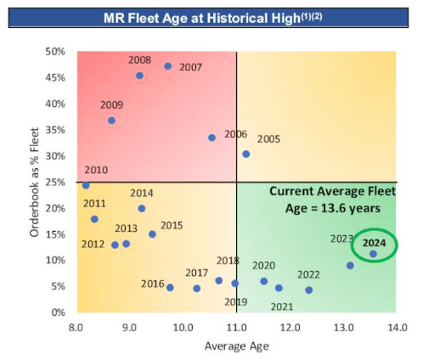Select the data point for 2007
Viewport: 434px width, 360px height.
pos(167,66)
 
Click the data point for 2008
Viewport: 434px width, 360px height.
pos(140,76)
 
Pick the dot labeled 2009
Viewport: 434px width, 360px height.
pos(111,121)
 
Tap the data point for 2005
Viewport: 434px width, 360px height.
pos(245,154)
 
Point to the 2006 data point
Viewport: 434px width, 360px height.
pos(212,138)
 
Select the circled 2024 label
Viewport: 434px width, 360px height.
pos(375,243)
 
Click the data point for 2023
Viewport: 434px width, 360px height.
pos(350,266)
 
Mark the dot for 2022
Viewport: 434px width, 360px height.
pos(308,290)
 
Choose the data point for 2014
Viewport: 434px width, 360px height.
pos(142,208)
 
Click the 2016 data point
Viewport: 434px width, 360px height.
pos(170,288)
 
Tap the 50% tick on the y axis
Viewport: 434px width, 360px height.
pos(56,52)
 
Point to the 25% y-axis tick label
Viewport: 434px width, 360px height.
pos(56,182)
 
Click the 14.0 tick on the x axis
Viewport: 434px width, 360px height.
pos(397,327)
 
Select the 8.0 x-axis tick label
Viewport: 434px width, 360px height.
pos(76,327)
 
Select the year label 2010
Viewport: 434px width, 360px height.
pos(96,171)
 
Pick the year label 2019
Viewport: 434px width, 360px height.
pos(235,301)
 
